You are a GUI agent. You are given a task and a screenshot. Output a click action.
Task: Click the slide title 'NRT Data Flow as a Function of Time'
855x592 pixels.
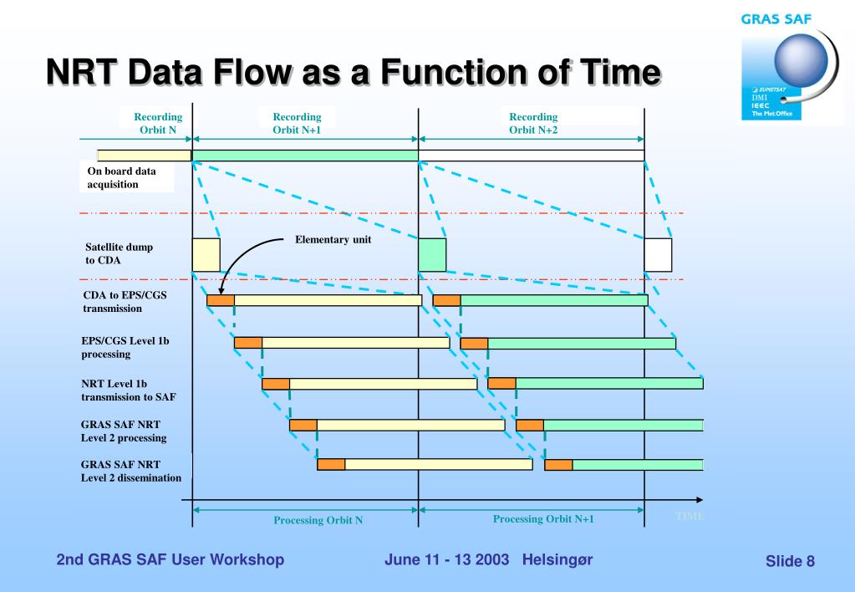coord(352,74)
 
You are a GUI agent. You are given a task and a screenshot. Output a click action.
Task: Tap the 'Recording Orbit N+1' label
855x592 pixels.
coord(297,123)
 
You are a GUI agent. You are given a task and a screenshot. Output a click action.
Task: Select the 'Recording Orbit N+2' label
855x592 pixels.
coord(533,123)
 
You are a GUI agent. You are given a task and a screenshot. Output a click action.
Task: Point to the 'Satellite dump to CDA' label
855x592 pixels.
coord(119,253)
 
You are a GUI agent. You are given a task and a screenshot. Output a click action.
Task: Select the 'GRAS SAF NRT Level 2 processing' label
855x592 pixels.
coord(123,431)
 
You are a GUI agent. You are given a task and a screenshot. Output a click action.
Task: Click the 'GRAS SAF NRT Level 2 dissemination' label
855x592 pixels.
coord(130,471)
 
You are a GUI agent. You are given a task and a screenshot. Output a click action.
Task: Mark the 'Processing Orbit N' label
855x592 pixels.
coord(318,520)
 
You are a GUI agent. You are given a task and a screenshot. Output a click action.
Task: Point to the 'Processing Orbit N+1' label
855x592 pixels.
coord(542,518)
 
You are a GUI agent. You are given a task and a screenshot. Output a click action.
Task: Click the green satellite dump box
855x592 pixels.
coord(432,254)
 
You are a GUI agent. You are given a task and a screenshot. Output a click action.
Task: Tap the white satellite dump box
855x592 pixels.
coord(658,254)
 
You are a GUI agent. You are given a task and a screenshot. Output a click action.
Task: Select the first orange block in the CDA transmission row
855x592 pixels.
coord(221,300)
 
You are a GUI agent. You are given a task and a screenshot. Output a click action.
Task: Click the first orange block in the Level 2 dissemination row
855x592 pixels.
coord(331,465)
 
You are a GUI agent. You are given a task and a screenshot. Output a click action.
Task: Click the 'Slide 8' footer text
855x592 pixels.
coord(789,561)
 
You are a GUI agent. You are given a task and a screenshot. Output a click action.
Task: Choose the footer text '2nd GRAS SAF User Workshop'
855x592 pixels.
coord(170,559)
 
